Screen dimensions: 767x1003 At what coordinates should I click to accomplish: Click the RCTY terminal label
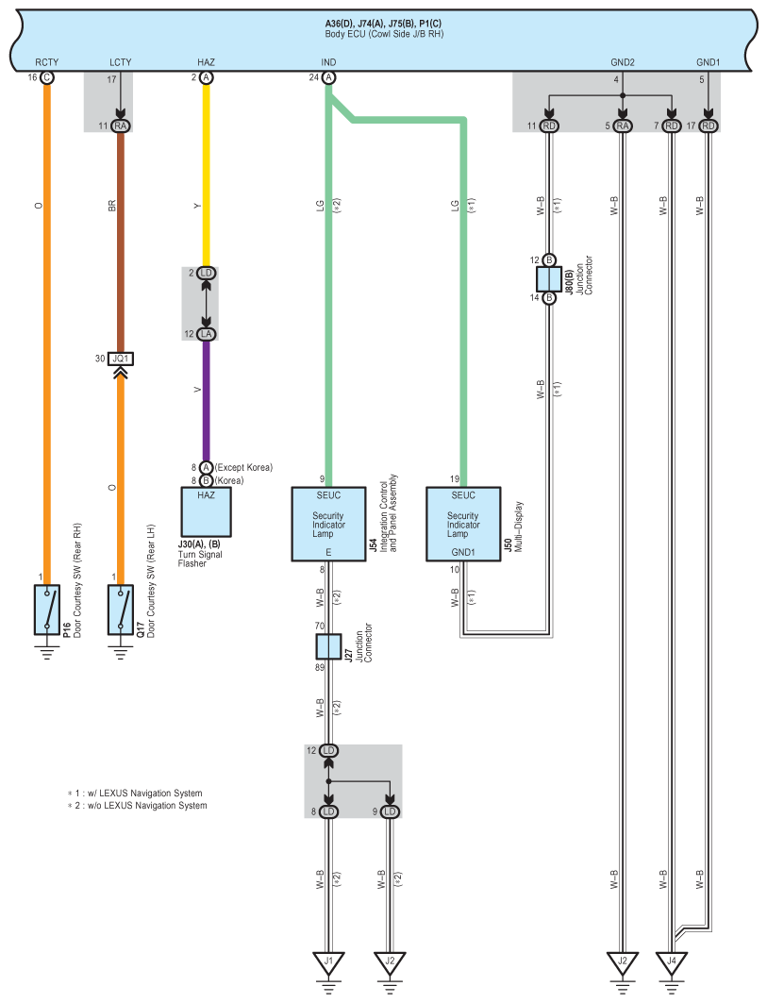tap(46, 62)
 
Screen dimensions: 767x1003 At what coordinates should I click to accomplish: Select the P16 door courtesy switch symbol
tap(46, 610)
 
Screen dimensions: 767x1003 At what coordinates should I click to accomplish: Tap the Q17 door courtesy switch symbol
tap(120, 610)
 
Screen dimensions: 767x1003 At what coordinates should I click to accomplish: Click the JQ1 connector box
tap(120, 359)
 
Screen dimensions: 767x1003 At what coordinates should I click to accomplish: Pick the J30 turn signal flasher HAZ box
tap(206, 512)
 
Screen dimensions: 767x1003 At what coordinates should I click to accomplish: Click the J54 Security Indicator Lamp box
tap(329, 525)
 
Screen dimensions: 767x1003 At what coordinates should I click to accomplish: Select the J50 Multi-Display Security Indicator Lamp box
tap(463, 525)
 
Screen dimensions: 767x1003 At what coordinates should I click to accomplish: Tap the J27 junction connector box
tap(329, 646)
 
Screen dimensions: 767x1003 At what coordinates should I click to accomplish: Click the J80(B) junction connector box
tap(549, 279)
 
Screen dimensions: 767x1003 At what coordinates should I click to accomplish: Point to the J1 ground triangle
tap(329, 962)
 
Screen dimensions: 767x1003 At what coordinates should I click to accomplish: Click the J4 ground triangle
tap(671, 962)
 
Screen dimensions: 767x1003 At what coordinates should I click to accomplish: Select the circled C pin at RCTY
tap(46, 77)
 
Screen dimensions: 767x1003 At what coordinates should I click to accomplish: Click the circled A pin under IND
tap(328, 77)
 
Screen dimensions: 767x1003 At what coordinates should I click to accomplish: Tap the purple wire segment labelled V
tap(206, 400)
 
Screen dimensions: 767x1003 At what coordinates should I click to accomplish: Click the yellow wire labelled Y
tap(206, 176)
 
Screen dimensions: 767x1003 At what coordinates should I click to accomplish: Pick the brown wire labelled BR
tap(120, 242)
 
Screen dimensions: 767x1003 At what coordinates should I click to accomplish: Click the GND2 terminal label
tap(623, 62)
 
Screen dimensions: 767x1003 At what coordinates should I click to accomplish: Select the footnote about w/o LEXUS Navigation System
tap(138, 806)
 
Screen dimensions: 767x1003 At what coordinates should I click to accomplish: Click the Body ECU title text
tap(384, 33)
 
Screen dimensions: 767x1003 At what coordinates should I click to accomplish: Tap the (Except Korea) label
tap(243, 468)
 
